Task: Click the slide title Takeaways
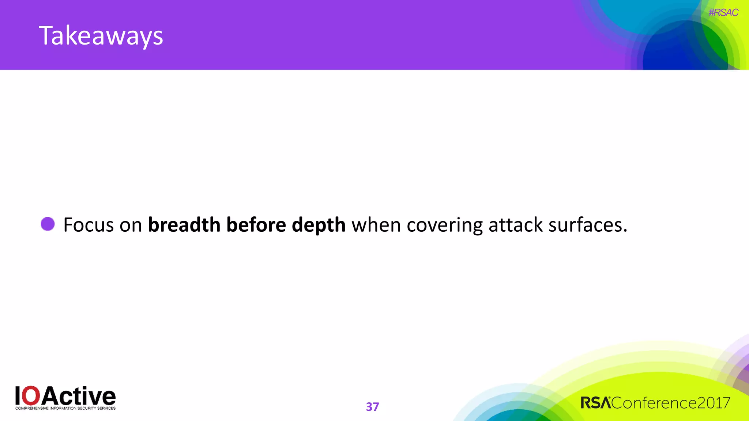click(101, 36)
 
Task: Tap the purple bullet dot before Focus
click(48, 224)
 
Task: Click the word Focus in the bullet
click(89, 225)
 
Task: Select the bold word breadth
click(184, 225)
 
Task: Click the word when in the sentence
click(376, 225)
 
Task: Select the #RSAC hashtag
click(723, 13)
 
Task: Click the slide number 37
click(372, 407)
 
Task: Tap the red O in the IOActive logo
click(32, 396)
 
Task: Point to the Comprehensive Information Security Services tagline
click(65, 408)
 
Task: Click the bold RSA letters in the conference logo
click(595, 403)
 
